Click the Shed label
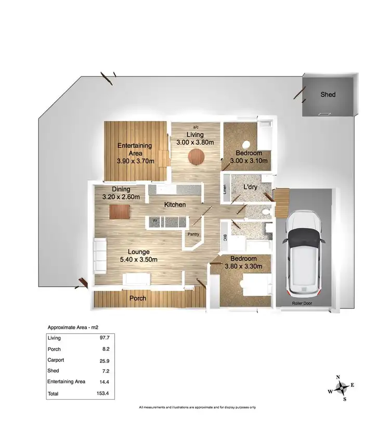(328, 95)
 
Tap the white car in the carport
(305, 252)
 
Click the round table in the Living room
(197, 156)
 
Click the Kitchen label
(175, 205)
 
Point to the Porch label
(137, 299)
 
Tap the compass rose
(341, 387)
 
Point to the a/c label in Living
(196, 127)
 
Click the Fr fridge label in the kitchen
(155, 221)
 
